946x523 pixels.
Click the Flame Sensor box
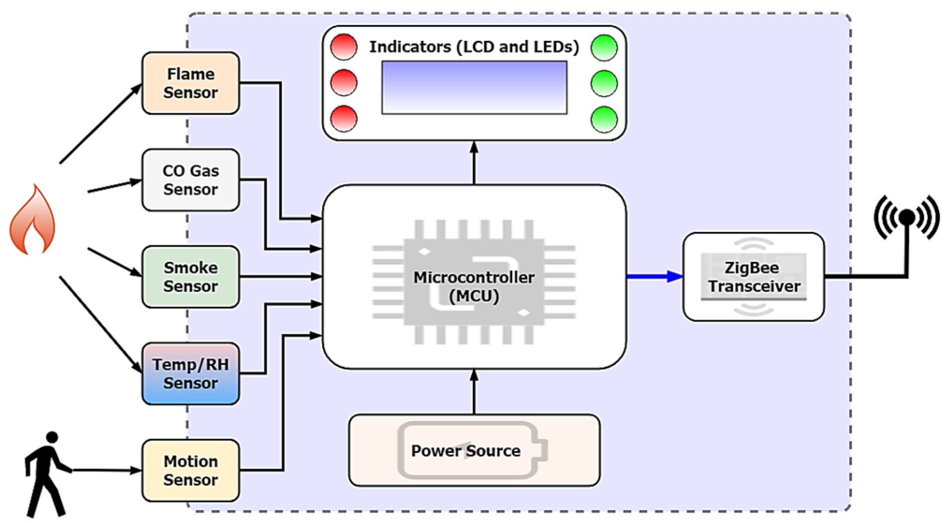click(x=190, y=83)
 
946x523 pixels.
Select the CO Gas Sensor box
click(x=190, y=180)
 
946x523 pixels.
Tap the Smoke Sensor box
click(x=190, y=277)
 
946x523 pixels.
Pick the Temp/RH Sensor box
click(x=190, y=374)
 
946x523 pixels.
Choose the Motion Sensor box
click(x=190, y=470)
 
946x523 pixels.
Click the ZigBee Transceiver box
click(x=754, y=277)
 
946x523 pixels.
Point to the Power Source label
click(x=466, y=451)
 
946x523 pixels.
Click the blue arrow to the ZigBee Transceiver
click(x=654, y=276)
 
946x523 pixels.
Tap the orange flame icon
click(x=32, y=221)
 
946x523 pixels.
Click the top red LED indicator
click(x=344, y=47)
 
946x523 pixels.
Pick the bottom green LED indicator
click(x=604, y=119)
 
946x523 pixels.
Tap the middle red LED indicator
click(x=344, y=83)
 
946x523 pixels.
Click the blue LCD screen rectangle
click(x=474, y=88)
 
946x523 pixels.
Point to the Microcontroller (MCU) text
click(x=474, y=287)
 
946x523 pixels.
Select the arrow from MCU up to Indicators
click(x=474, y=163)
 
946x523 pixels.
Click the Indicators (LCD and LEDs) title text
click(x=474, y=47)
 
